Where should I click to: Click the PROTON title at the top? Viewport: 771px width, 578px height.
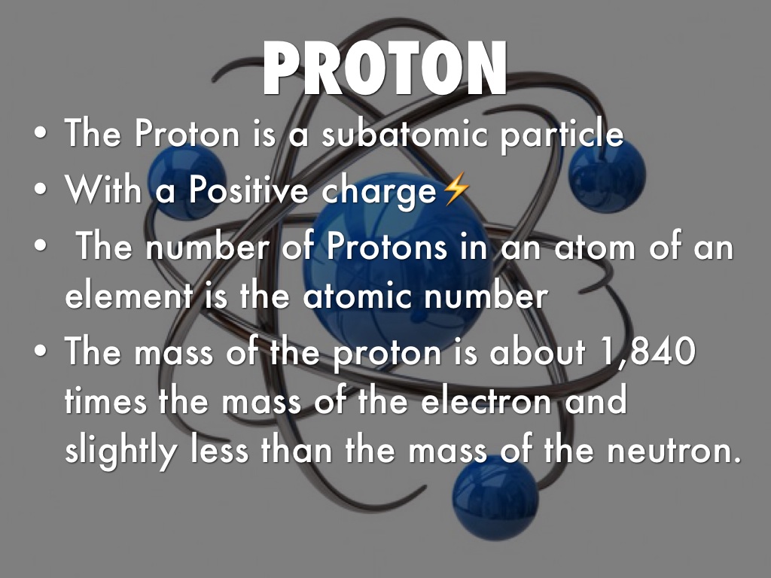pos(385,69)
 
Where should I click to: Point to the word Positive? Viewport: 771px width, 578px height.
pos(249,190)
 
